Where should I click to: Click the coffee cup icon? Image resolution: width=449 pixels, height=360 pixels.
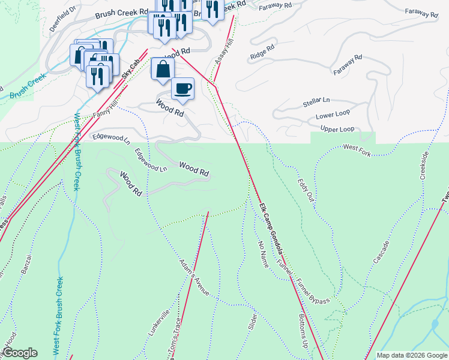pos(183,89)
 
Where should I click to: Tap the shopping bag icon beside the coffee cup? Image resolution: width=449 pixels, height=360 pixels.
pos(163,68)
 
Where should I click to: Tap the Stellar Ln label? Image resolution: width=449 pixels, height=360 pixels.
pos(316,103)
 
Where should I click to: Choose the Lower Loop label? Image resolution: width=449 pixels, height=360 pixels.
pos(333,115)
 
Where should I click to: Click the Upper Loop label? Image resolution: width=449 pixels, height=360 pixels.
pos(337,129)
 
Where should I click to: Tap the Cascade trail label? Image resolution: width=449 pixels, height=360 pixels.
pos(381,251)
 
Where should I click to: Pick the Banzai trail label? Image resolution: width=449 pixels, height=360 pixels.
pos(26,264)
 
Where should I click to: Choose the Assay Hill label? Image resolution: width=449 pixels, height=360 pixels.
pos(223,53)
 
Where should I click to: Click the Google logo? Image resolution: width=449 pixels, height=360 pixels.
pos(19,353)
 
